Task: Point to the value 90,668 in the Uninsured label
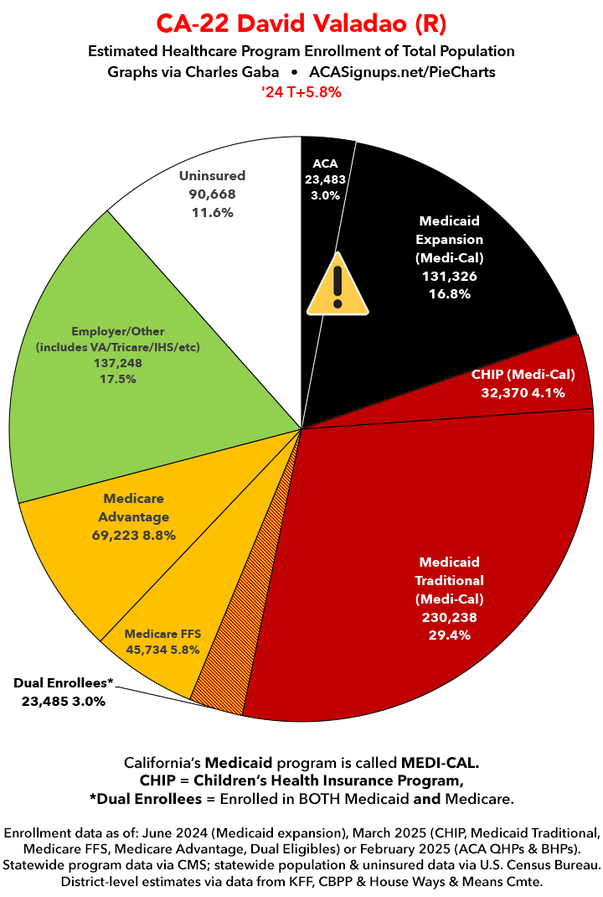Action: [x=213, y=194]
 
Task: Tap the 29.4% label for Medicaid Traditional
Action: [x=451, y=635]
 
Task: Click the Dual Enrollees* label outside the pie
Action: [x=64, y=683]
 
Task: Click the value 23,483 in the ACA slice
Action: [x=325, y=179]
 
